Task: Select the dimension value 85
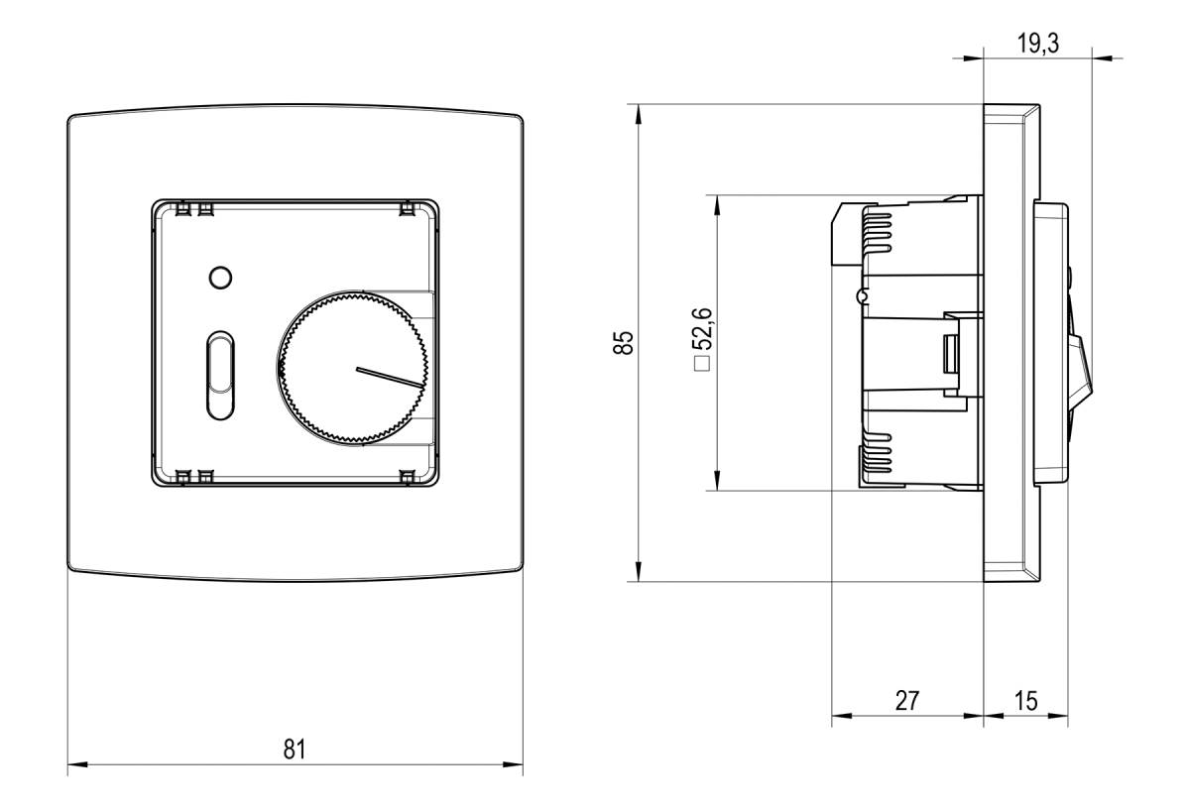point(623,342)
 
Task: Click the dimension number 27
point(906,701)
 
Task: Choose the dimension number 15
point(1026,701)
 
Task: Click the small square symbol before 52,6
point(703,364)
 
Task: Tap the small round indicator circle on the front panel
point(221,277)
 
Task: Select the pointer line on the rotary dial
point(390,378)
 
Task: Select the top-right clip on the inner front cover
point(407,209)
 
